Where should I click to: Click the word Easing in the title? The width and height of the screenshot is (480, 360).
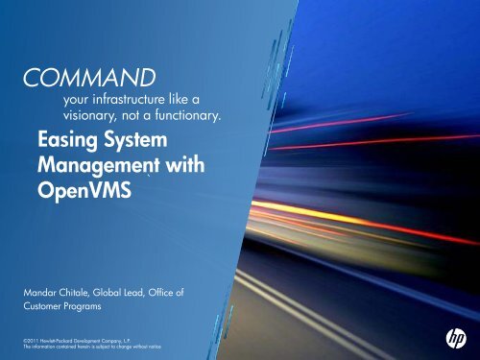coord(63,141)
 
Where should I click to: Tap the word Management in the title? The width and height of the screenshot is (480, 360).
coord(90,164)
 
